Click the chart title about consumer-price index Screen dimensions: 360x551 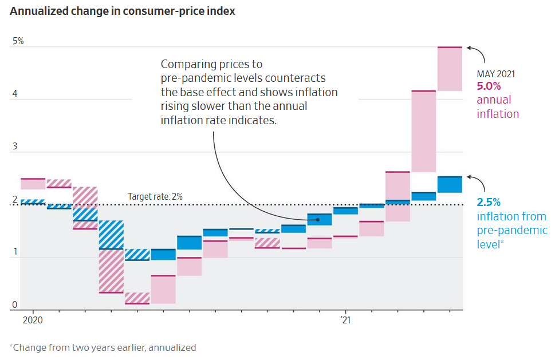(x=123, y=11)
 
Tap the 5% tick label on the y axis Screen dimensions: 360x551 (x=18, y=41)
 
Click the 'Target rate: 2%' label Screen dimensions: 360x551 (x=155, y=197)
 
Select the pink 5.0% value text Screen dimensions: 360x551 (x=489, y=86)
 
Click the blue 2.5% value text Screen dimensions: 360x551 (x=489, y=202)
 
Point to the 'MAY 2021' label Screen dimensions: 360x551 (x=496, y=74)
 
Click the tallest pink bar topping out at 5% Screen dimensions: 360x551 (x=450, y=69)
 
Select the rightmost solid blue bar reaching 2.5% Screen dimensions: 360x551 (x=450, y=185)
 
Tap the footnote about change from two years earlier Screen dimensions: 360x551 (x=103, y=347)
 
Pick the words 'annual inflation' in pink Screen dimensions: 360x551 (x=498, y=107)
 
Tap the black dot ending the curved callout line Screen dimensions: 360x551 (x=310, y=219)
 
